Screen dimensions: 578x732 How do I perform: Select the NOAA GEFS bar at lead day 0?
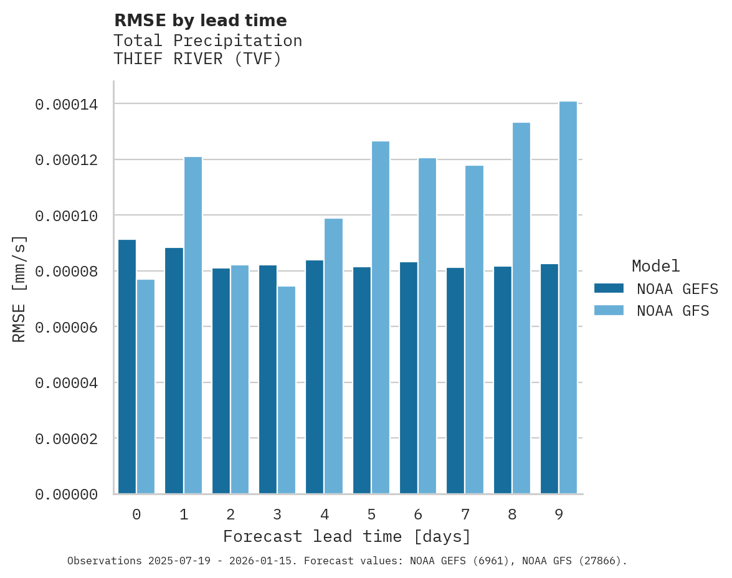pos(127,367)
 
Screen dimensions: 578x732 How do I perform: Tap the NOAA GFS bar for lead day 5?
pos(381,318)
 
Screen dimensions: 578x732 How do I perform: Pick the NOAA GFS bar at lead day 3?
pos(287,390)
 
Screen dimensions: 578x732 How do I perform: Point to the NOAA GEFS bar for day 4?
pos(315,377)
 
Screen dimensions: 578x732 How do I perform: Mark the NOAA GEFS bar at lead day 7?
pos(455,381)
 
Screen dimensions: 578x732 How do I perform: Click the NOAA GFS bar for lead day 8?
pos(521,308)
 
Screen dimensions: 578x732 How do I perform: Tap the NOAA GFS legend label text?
pos(673,311)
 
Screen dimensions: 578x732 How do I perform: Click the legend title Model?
pos(655,266)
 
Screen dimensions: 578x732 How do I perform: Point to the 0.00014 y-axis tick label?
pos(66,104)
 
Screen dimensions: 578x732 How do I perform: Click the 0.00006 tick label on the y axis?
pos(66,327)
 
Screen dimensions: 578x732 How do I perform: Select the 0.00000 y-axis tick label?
pos(66,495)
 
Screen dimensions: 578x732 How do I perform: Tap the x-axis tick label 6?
pos(418,514)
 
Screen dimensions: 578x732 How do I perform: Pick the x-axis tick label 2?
pos(231,514)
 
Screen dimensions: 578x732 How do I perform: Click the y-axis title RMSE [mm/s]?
pos(19,289)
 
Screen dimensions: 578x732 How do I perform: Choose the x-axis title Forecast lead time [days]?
pos(347,536)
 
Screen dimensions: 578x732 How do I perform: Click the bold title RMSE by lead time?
pos(200,21)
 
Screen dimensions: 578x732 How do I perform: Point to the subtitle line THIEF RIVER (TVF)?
pos(197,59)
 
